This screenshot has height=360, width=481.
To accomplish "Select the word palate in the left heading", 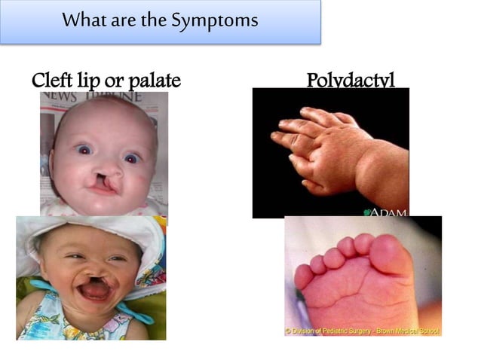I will [x=155, y=81].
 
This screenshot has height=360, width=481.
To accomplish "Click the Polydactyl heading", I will [x=351, y=80].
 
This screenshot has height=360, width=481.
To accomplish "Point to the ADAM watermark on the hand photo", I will [x=387, y=212].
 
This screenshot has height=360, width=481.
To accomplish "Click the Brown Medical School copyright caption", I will [x=363, y=330].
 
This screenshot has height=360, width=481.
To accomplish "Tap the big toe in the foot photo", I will [x=391, y=254].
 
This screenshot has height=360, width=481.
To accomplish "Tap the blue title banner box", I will [x=160, y=20].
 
